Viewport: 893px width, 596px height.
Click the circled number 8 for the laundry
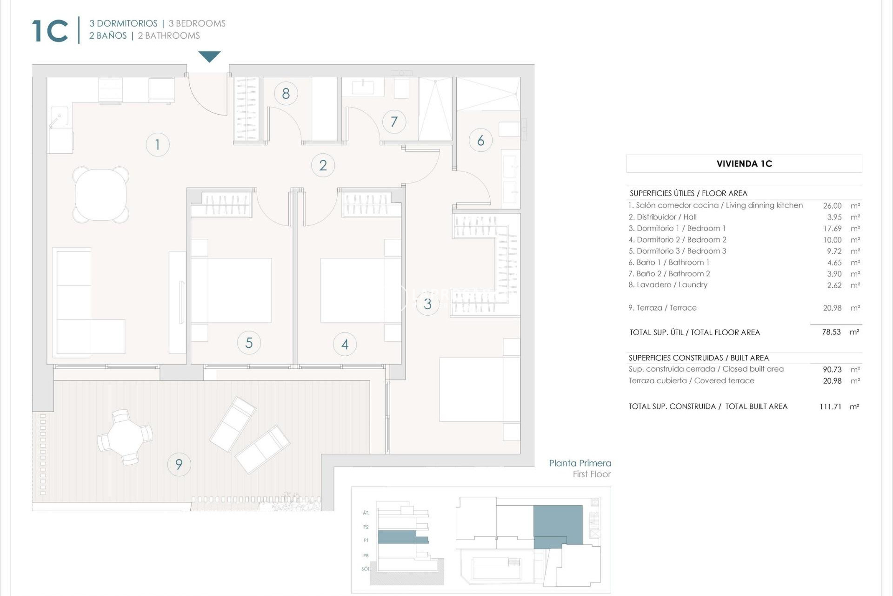click(x=286, y=94)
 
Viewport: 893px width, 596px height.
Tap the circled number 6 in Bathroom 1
click(x=480, y=140)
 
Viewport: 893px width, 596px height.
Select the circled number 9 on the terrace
click(x=179, y=464)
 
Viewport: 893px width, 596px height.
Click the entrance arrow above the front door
click(x=209, y=56)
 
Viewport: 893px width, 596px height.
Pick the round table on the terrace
click(x=125, y=437)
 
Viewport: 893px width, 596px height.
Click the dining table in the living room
click(x=101, y=195)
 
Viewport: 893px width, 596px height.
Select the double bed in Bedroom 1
click(x=479, y=390)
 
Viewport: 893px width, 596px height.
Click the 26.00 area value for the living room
click(x=832, y=206)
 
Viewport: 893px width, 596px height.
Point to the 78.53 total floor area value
click(x=831, y=332)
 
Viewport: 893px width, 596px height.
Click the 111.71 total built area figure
click(x=830, y=406)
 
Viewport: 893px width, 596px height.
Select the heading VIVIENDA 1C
click(x=744, y=164)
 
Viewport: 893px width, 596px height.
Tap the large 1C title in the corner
click(x=50, y=31)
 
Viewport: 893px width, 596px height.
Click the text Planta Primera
click(x=580, y=463)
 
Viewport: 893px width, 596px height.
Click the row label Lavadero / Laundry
click(x=667, y=285)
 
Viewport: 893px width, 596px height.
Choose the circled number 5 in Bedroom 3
click(x=249, y=343)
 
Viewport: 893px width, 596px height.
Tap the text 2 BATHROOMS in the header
click(x=169, y=36)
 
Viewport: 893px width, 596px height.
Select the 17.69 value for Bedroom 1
click(x=832, y=229)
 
